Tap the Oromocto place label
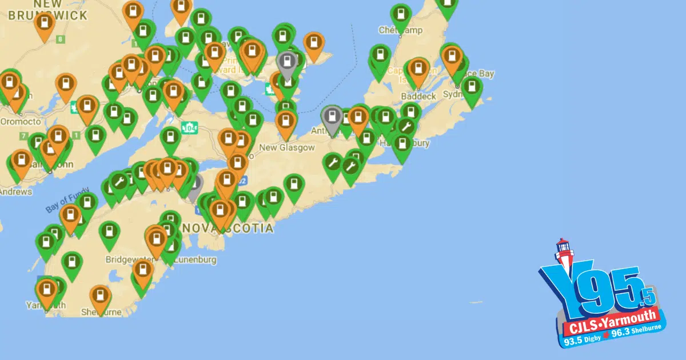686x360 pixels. pyautogui.click(x=20, y=121)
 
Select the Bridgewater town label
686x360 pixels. pyautogui.click(x=128, y=259)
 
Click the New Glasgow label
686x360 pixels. pyautogui.click(x=287, y=147)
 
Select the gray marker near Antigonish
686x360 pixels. pyautogui.click(x=332, y=118)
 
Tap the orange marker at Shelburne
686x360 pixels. pyautogui.click(x=101, y=297)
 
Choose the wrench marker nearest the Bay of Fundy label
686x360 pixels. pyautogui.click(x=119, y=182)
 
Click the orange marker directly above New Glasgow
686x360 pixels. pyautogui.click(x=286, y=122)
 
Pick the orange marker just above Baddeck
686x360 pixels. pyautogui.click(x=418, y=69)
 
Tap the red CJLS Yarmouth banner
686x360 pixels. pyautogui.click(x=612, y=324)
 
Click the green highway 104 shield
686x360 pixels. pyautogui.click(x=188, y=127)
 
